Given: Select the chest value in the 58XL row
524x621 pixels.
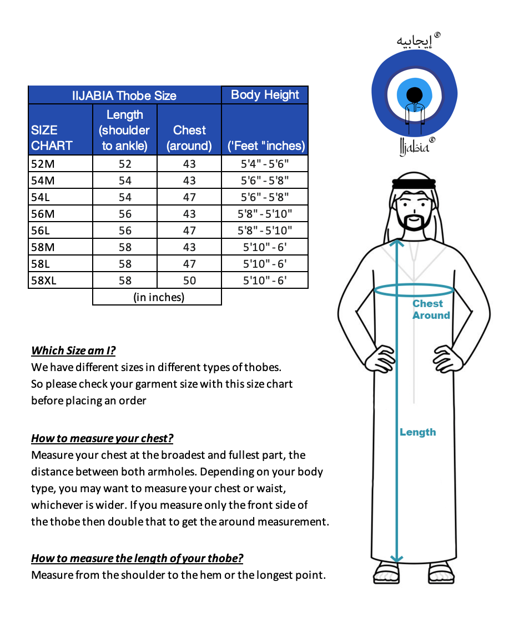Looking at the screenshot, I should (x=189, y=281).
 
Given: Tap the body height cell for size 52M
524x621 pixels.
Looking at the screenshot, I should (x=265, y=164).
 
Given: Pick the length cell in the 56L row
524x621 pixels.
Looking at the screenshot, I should (x=125, y=231).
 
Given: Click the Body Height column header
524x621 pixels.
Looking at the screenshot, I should (x=265, y=95).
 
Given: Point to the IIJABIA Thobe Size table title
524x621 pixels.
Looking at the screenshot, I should (x=124, y=96).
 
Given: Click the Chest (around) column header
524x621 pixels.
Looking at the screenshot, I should (x=189, y=138).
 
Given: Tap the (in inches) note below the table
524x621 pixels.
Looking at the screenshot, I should (x=159, y=297).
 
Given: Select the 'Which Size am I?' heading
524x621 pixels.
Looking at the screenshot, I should (x=73, y=350).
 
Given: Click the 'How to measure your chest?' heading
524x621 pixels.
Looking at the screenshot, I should (x=102, y=438).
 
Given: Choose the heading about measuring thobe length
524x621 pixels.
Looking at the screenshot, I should (x=137, y=558).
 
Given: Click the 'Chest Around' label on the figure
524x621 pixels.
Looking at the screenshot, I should (x=430, y=309).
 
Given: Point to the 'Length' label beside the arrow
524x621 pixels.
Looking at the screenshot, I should (x=417, y=432).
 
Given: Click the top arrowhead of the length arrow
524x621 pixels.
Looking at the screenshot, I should (x=396, y=242).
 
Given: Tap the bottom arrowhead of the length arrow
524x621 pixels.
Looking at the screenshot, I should (x=396, y=559).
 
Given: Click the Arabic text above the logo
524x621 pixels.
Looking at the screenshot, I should (x=415, y=41).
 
